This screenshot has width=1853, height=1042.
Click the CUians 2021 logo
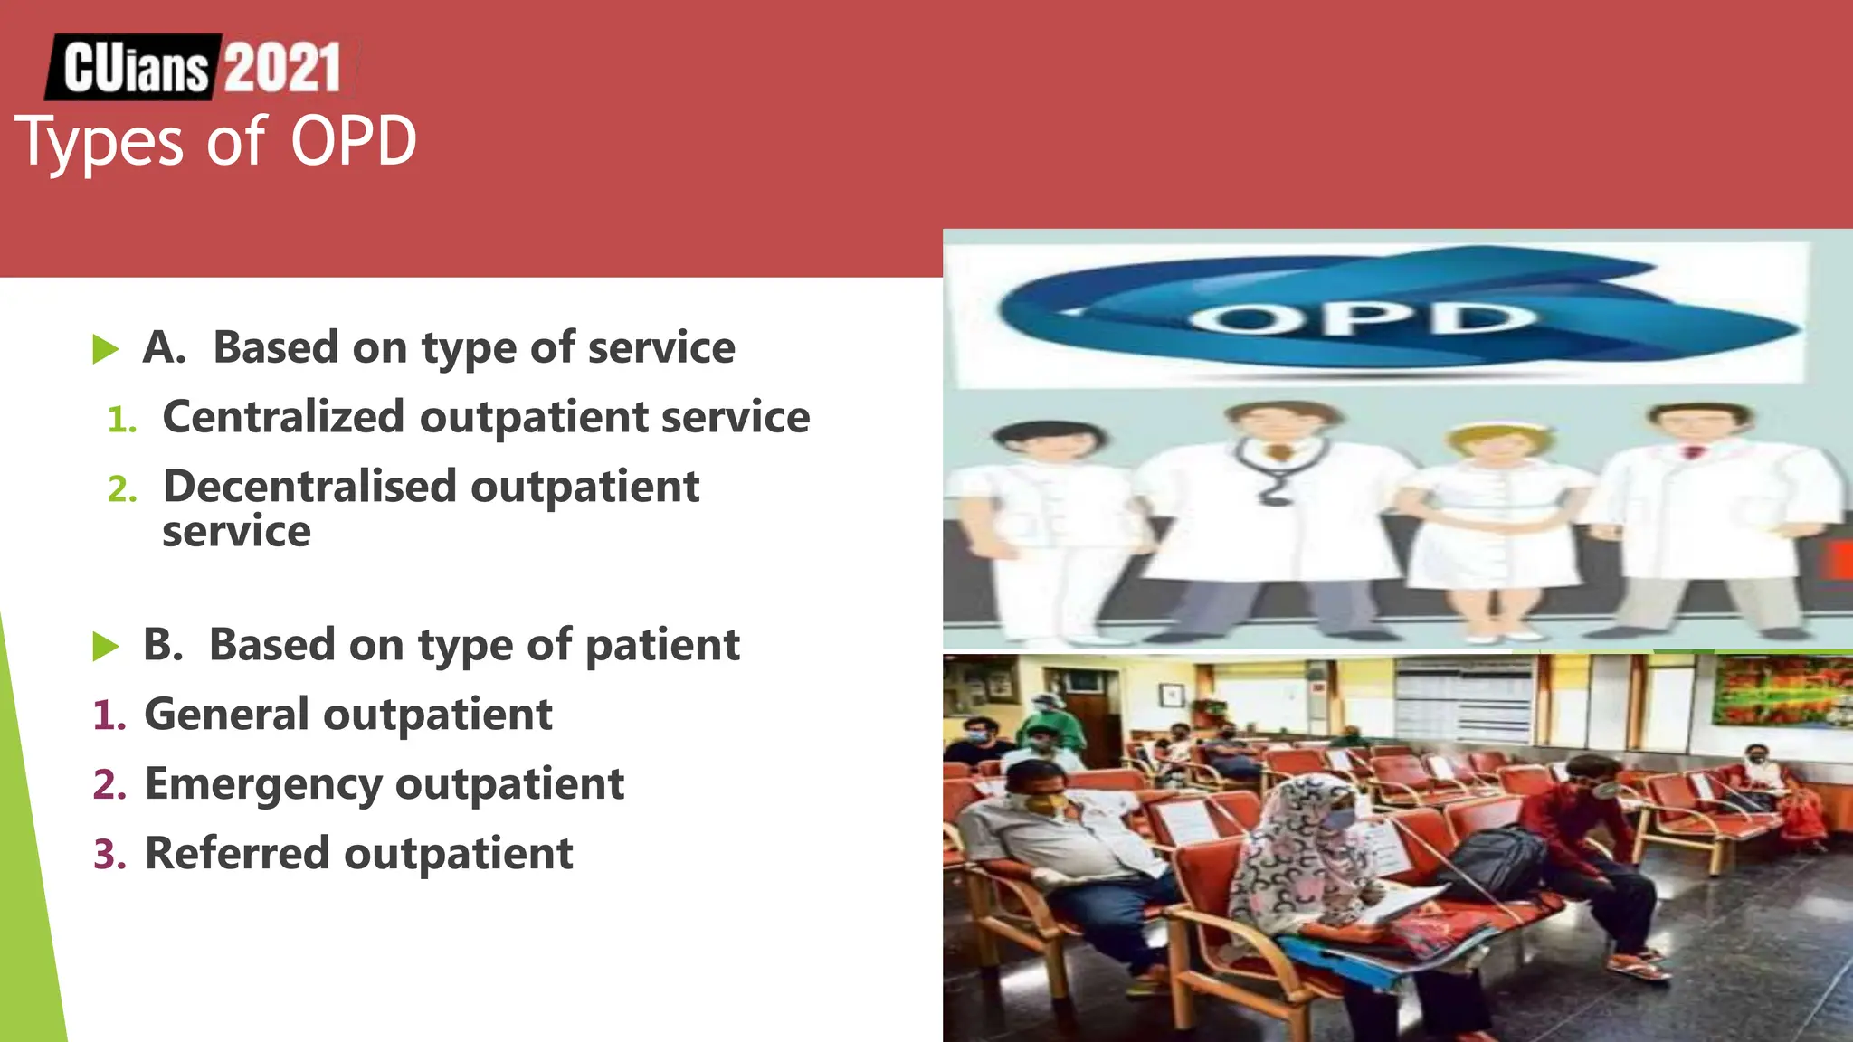[x=201, y=67]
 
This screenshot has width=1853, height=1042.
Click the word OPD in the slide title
[x=353, y=142]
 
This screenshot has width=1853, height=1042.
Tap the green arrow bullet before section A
[x=106, y=349]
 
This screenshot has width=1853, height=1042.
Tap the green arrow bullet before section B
[x=106, y=647]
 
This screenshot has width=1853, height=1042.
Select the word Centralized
[x=282, y=417]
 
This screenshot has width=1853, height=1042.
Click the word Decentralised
[x=309, y=487]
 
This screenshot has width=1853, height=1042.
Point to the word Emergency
[x=262, y=784]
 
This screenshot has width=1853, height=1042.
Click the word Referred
[x=237, y=854]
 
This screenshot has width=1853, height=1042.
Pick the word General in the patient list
[x=226, y=715]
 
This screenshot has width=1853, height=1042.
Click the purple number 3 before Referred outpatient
[x=109, y=855]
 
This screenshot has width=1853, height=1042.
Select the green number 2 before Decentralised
[x=121, y=489]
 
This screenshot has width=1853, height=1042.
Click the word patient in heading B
[x=661, y=646]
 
